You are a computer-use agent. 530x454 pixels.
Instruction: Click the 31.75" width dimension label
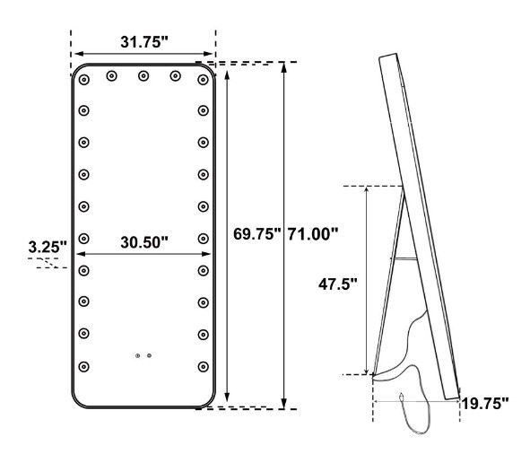click(x=144, y=42)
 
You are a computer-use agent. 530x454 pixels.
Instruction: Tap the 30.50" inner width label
click(x=144, y=242)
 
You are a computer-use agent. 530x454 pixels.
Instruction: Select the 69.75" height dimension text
click(x=256, y=234)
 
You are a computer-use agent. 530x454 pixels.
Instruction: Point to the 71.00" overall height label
click(x=313, y=234)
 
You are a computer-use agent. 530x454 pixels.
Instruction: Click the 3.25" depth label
click(x=48, y=247)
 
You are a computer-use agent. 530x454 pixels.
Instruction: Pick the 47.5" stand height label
click(x=338, y=284)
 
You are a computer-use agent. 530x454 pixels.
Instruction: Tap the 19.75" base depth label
click(x=484, y=404)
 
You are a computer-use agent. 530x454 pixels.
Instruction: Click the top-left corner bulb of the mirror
click(x=83, y=80)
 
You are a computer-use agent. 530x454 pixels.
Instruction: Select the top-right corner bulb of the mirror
click(x=204, y=80)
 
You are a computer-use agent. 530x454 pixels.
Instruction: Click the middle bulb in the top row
click(x=143, y=75)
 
